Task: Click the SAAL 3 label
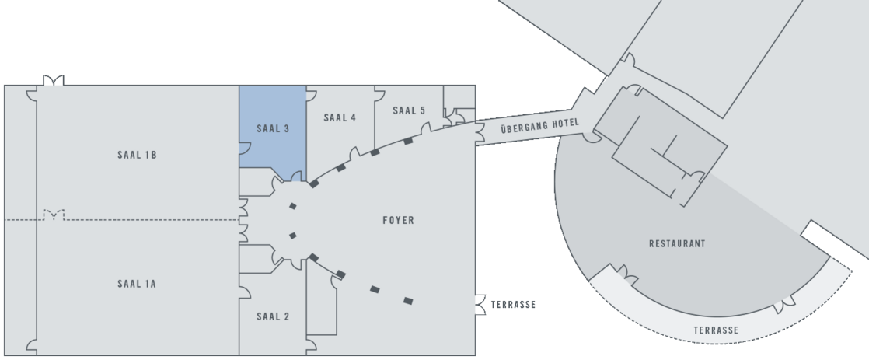(x=273, y=129)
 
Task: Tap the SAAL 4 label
(x=340, y=117)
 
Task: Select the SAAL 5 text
(x=409, y=110)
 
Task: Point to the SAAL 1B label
(x=137, y=155)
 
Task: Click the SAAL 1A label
(x=137, y=284)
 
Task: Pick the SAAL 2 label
(x=273, y=316)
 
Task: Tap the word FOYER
(x=399, y=220)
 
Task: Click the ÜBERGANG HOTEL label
(x=539, y=126)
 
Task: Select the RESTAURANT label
(x=677, y=243)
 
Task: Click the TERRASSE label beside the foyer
(x=513, y=305)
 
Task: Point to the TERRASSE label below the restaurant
(x=716, y=330)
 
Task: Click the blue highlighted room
(x=273, y=133)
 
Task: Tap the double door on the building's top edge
(x=54, y=80)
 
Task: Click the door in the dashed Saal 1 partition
(x=54, y=215)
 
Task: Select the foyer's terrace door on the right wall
(x=480, y=305)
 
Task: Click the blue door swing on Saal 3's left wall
(x=244, y=148)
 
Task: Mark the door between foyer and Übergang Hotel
(x=480, y=134)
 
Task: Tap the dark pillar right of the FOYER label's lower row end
(x=408, y=301)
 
